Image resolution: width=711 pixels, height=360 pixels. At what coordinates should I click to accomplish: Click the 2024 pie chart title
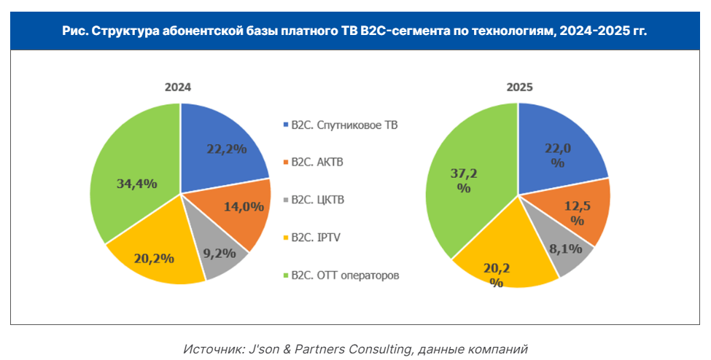click(177, 87)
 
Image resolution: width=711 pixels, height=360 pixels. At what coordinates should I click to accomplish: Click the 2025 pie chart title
click(520, 87)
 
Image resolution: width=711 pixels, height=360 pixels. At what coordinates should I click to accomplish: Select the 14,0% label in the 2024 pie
click(243, 206)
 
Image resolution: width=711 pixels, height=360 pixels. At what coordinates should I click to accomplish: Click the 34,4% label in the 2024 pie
click(137, 184)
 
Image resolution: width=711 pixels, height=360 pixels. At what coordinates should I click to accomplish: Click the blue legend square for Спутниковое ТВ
click(285, 125)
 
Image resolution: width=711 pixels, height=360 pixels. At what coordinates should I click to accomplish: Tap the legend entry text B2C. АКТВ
click(316, 162)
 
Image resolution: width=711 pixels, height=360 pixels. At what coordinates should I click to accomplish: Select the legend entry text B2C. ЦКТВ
click(316, 200)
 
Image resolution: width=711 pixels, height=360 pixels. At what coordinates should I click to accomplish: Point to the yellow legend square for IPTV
click(285, 238)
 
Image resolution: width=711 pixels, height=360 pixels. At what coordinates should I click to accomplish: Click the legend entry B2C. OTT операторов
click(345, 275)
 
